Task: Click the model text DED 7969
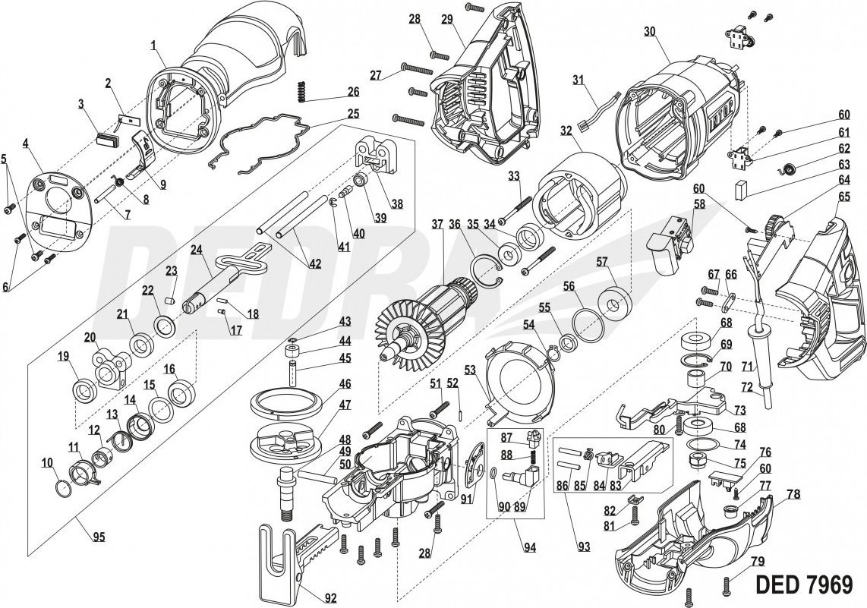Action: [805, 584]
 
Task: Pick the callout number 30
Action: [648, 31]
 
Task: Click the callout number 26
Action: [353, 92]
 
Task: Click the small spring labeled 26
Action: [303, 90]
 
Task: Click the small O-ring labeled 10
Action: [65, 486]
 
